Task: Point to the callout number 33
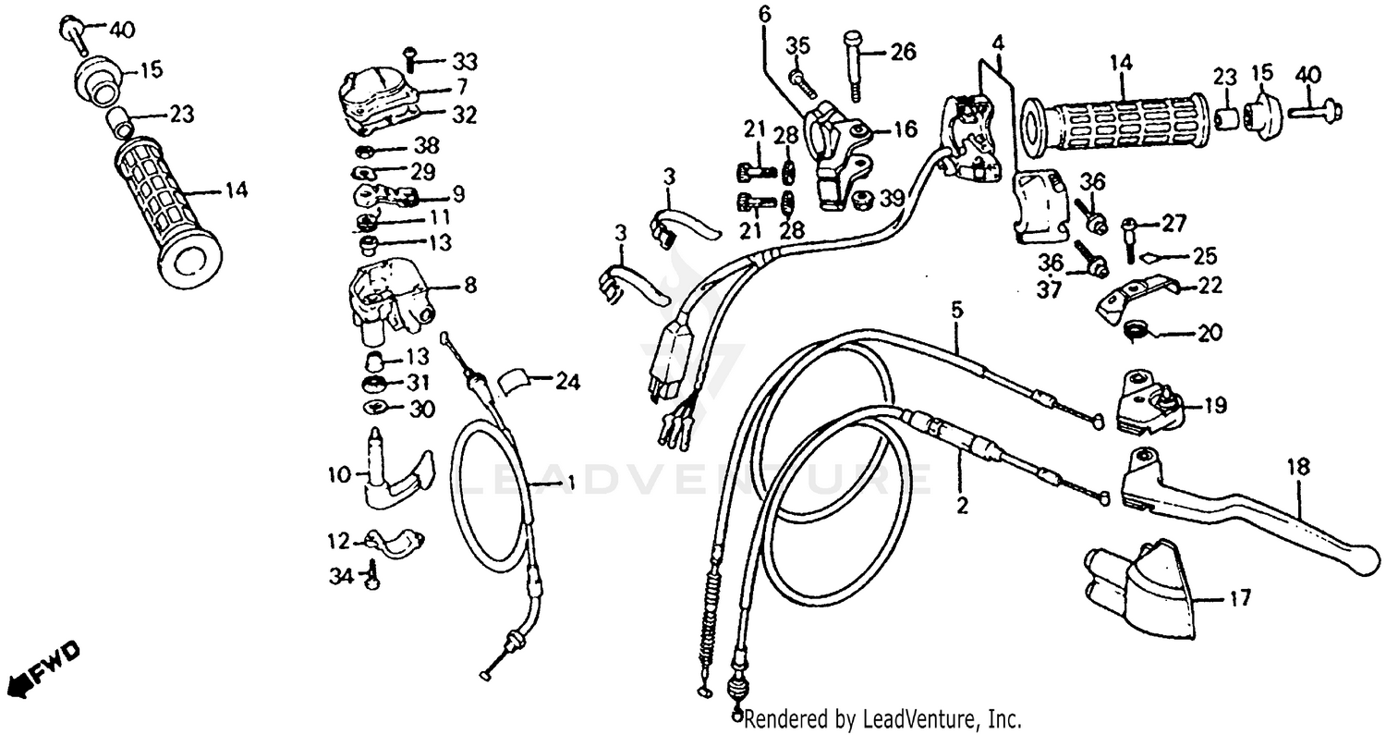point(464,62)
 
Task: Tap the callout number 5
point(956,310)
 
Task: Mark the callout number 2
point(961,506)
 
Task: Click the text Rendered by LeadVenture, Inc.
point(882,718)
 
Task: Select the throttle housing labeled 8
point(388,298)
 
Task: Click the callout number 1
point(570,482)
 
